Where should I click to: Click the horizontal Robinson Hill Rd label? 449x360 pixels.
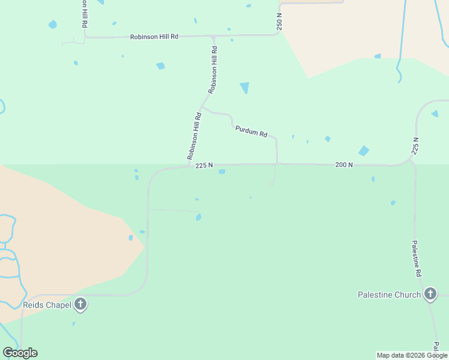(x=154, y=37)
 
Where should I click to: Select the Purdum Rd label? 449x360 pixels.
(x=251, y=131)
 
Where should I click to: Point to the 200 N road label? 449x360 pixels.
(x=344, y=164)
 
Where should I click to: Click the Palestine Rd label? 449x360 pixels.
(x=416, y=258)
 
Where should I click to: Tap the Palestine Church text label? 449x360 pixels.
(x=389, y=295)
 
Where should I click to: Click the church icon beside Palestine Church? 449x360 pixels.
(x=430, y=294)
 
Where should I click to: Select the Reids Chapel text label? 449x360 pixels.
(x=47, y=305)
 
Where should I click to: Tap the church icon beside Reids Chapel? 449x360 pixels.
(x=80, y=305)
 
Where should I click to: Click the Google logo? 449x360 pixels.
(x=20, y=353)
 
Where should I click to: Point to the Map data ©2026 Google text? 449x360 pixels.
(x=412, y=355)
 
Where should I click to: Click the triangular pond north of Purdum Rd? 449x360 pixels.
(x=244, y=88)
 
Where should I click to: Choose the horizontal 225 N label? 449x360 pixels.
(x=204, y=166)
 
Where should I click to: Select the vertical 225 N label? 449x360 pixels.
(x=415, y=146)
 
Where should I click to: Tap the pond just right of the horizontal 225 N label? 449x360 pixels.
(x=222, y=172)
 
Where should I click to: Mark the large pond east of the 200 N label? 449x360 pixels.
(x=364, y=151)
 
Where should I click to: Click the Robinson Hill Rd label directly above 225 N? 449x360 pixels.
(x=193, y=136)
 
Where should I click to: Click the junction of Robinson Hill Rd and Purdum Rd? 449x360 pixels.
(x=202, y=108)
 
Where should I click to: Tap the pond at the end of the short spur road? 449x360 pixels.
(x=198, y=217)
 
